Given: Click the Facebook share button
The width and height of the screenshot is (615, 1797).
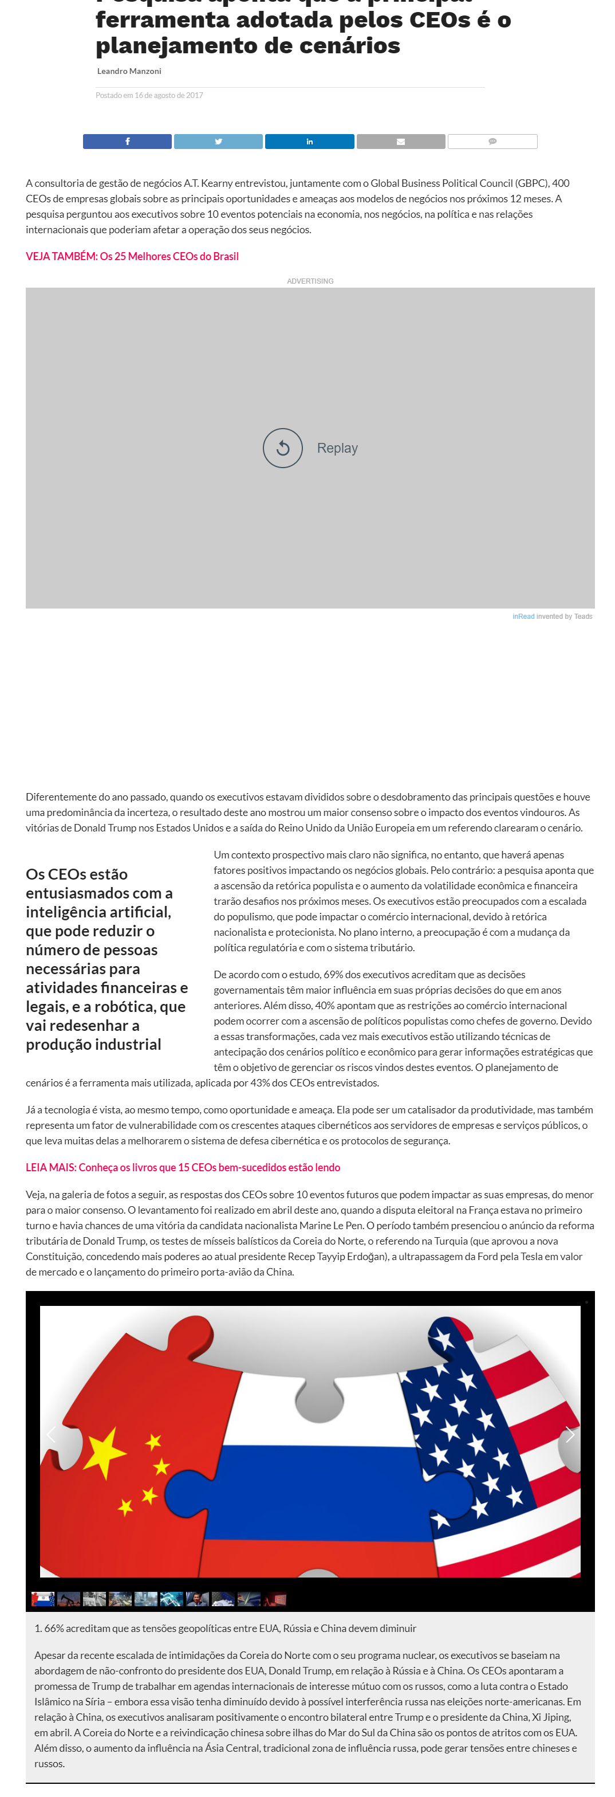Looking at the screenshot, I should (127, 142).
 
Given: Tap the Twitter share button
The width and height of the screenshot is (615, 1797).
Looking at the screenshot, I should (218, 142).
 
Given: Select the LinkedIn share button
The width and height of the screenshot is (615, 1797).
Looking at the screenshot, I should (310, 142).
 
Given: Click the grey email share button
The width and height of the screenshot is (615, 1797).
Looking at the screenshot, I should (401, 142).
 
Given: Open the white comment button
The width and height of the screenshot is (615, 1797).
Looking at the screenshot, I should (492, 142).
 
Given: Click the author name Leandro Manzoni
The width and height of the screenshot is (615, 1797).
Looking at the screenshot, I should (129, 71).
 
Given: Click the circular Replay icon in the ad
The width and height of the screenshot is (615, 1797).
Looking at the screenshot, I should (282, 448).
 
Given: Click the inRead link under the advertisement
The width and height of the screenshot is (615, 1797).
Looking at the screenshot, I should (523, 617).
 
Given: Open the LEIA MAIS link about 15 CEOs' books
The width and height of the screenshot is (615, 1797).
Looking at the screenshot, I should (183, 1167).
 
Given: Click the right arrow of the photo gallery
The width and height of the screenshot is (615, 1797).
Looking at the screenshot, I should (570, 1434).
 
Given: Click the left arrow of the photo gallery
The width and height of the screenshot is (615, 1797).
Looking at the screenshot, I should (51, 1434).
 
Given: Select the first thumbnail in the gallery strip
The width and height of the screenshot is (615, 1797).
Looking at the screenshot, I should (42, 1599).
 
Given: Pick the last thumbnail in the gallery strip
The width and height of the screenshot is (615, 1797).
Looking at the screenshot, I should (275, 1599).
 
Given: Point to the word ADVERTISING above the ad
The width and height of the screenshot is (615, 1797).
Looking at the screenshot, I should (310, 281).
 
